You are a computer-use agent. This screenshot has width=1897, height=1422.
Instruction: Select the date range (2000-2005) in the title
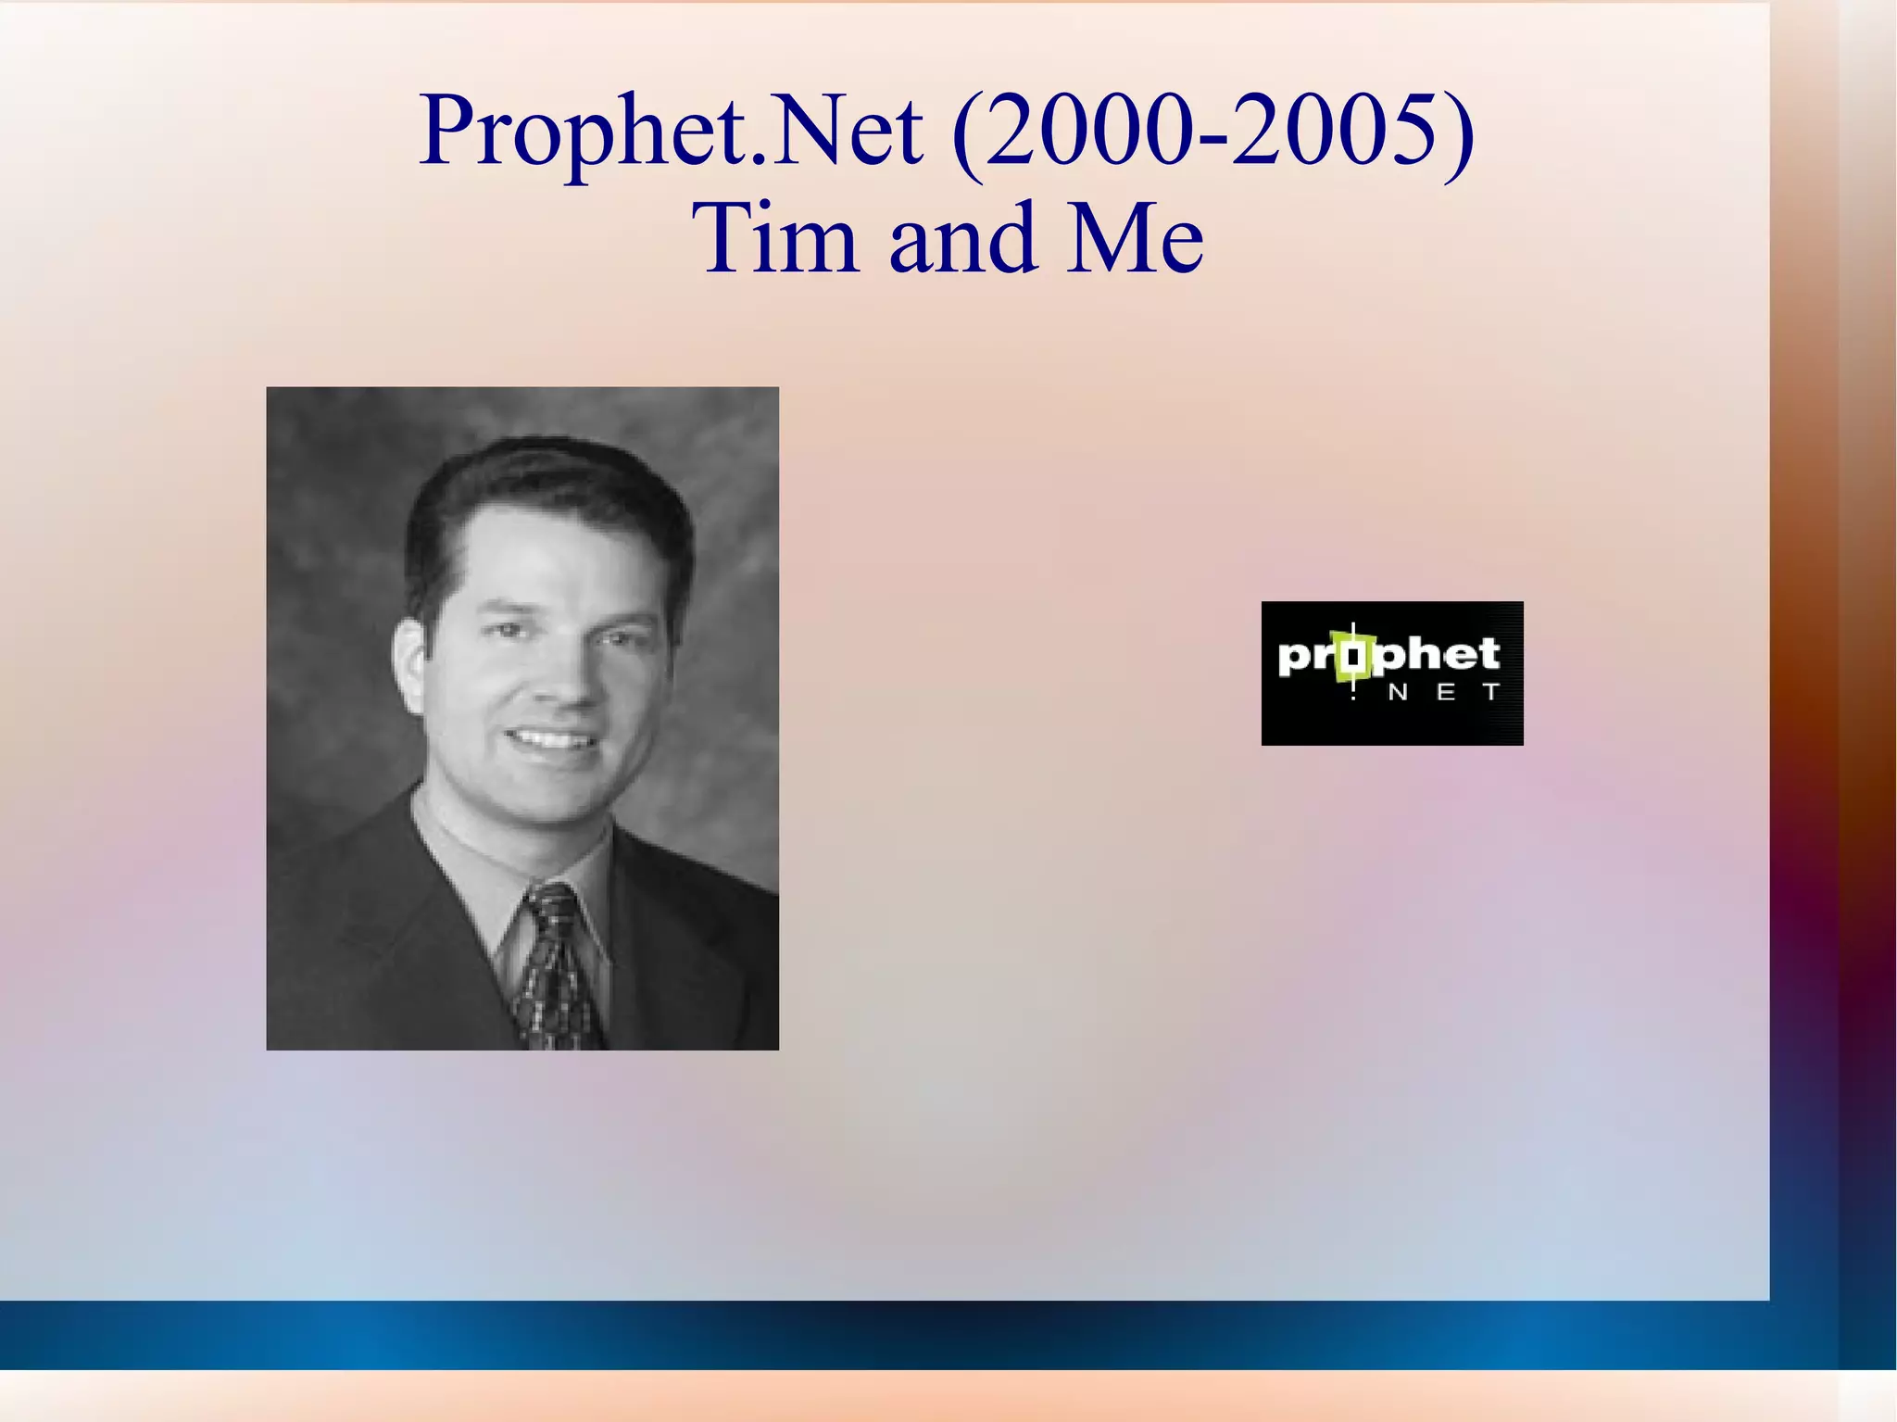1212,132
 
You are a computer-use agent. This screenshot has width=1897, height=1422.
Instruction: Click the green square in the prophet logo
1353,657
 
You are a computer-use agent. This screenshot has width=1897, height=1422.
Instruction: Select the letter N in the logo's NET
1398,693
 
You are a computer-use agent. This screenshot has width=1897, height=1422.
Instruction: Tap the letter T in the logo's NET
1490,693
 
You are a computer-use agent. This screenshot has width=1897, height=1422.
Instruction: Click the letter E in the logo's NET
1445,693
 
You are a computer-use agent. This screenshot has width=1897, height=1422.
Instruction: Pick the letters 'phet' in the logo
1438,655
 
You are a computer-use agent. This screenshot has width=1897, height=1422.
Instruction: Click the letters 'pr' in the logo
1306,658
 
